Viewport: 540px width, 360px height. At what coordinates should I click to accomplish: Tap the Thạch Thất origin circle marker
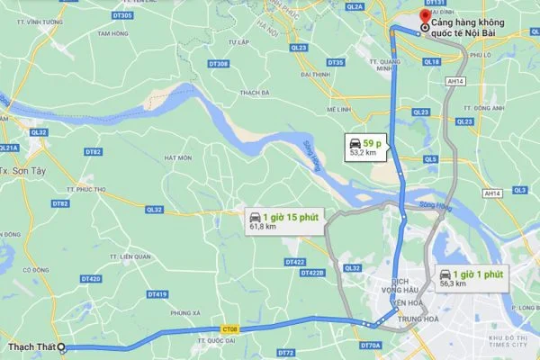click(x=61, y=347)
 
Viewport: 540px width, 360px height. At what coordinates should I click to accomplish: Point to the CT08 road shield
click(x=232, y=328)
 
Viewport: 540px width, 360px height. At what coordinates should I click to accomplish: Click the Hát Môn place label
click(x=178, y=157)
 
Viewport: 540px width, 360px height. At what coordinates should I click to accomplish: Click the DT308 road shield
click(x=219, y=63)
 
